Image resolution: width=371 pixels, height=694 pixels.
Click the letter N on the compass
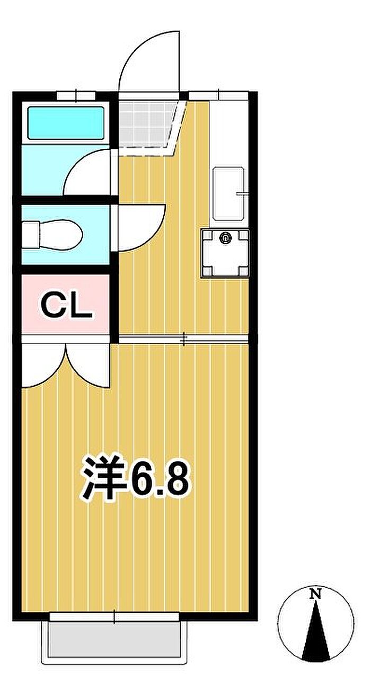[315, 593]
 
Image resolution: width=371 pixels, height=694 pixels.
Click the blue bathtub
[65, 123]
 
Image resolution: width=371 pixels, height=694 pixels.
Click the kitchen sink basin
[228, 194]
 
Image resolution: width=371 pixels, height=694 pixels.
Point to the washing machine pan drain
[224, 238]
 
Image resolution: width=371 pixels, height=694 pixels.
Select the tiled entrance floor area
[146, 124]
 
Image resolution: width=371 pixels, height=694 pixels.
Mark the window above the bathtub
[76, 95]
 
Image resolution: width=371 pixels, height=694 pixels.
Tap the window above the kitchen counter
[219, 95]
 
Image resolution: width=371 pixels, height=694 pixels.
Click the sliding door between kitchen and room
[183, 339]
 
